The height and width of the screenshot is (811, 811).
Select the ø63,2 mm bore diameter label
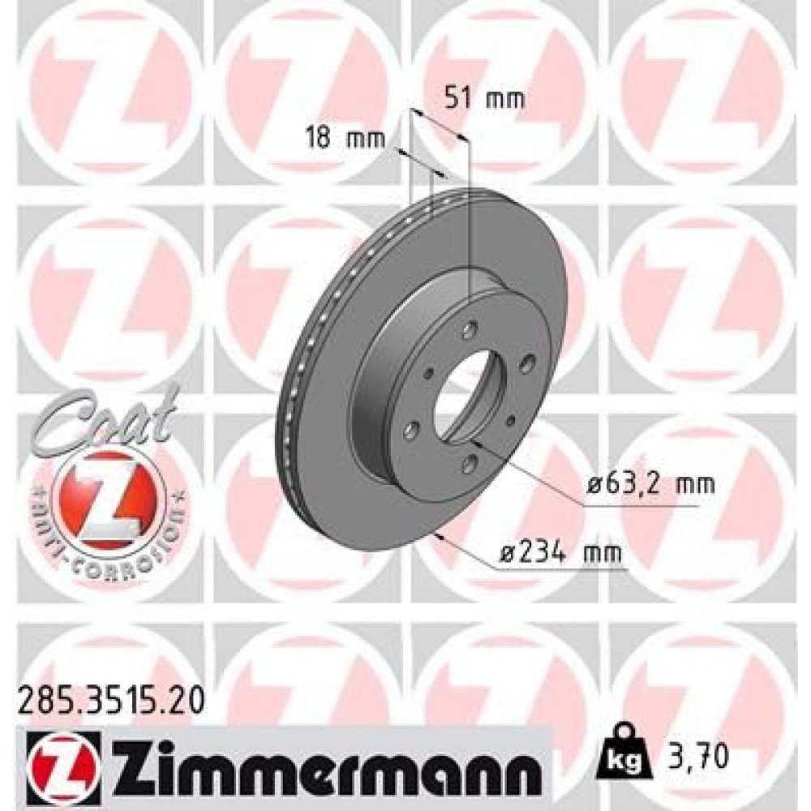(652, 485)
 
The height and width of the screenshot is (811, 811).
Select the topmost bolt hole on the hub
(470, 328)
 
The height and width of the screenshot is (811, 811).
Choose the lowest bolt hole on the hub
(468, 461)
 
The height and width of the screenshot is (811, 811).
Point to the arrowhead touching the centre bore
(476, 445)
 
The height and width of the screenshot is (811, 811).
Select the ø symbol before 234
(505, 554)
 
